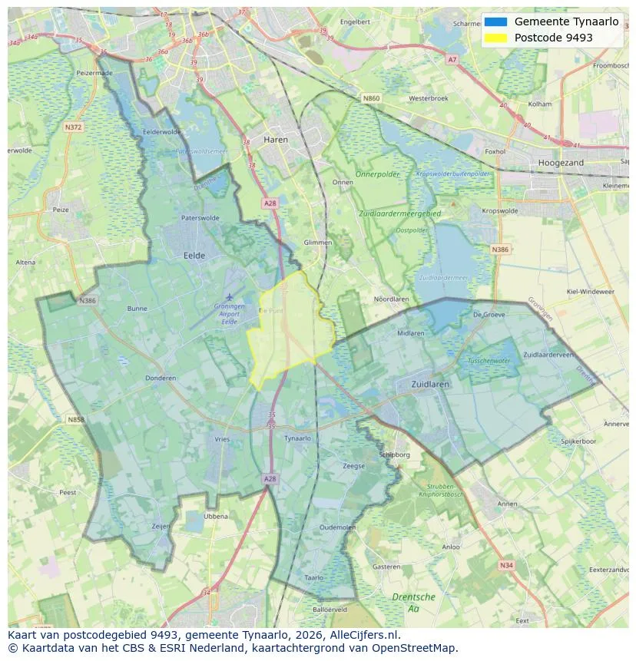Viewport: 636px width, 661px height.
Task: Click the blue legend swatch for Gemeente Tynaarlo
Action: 495,22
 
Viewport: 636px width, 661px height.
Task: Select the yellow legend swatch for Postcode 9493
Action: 495,38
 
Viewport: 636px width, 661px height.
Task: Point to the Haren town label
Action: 276,140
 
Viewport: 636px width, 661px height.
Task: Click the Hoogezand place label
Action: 561,163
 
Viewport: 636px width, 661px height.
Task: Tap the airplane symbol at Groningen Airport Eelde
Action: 228,296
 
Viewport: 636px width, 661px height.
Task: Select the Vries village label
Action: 222,438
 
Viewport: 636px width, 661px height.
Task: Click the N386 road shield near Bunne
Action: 87,300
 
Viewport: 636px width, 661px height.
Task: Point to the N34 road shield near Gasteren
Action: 505,565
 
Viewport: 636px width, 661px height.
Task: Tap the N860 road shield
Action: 371,98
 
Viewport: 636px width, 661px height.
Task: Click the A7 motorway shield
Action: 452,59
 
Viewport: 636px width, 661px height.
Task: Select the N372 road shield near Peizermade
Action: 74,127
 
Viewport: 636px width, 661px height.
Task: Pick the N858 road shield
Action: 75,420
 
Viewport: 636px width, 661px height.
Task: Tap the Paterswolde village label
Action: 200,218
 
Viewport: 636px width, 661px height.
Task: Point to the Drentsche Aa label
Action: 413,602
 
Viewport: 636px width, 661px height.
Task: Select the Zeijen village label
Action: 161,526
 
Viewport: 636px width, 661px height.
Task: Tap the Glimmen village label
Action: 317,242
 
